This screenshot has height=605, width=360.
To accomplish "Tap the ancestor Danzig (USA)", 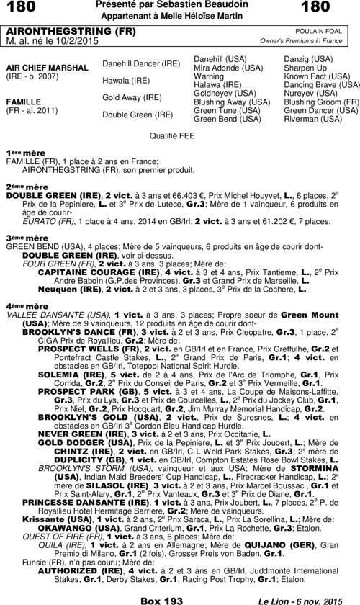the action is click(x=306, y=57).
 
